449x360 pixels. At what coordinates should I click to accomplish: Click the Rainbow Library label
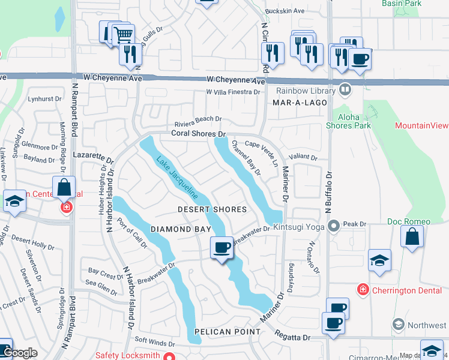pyautogui.click(x=306, y=91)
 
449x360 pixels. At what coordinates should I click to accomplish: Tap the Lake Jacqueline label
pyautogui.click(x=177, y=178)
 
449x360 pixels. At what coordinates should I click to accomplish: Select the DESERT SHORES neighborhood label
pyautogui.click(x=212, y=209)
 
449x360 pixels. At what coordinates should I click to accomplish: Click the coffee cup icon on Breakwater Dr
pyautogui.click(x=221, y=247)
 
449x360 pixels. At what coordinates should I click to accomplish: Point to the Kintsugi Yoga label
pyautogui.click(x=302, y=226)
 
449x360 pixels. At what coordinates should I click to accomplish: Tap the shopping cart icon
pyautogui.click(x=123, y=34)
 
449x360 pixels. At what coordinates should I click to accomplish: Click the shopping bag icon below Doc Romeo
pyautogui.click(x=414, y=238)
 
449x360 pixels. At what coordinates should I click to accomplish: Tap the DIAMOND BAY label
pyautogui.click(x=181, y=229)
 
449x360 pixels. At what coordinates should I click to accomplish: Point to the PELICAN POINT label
pyautogui.click(x=228, y=332)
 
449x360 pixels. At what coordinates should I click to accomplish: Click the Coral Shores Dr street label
pyautogui.click(x=198, y=133)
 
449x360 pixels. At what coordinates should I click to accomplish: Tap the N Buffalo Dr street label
pyautogui.click(x=328, y=191)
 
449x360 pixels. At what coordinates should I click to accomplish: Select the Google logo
pyautogui.click(x=20, y=353)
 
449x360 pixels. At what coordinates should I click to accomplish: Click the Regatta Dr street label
pyautogui.click(x=293, y=338)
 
